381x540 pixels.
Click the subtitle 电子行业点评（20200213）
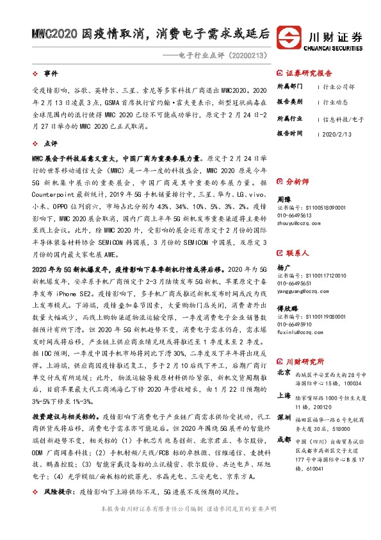pos(222,56)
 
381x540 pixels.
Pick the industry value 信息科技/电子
pos(344,119)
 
